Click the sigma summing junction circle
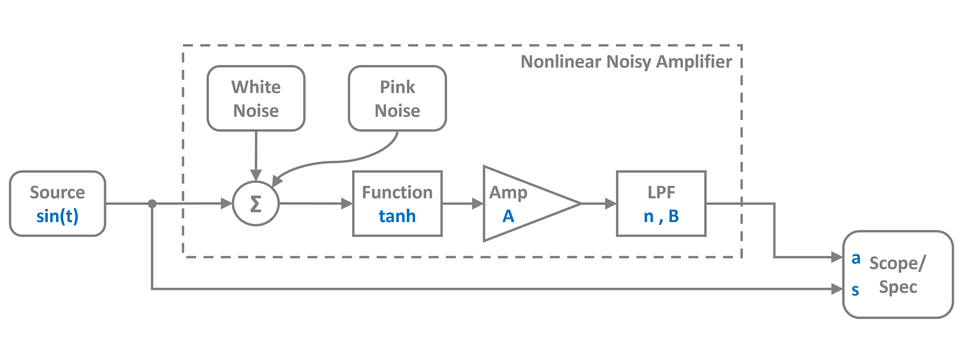tap(256, 204)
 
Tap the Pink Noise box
tap(397, 99)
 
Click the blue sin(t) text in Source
tap(57, 216)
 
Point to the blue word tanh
tap(397, 216)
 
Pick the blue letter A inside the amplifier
tap(508, 216)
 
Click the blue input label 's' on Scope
tap(855, 290)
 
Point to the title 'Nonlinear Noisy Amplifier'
tap(626, 62)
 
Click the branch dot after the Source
tap(152, 204)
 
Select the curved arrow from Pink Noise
tap(339, 161)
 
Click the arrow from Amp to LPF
tap(599, 204)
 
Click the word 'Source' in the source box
tap(57, 192)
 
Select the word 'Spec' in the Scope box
tap(898, 287)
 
